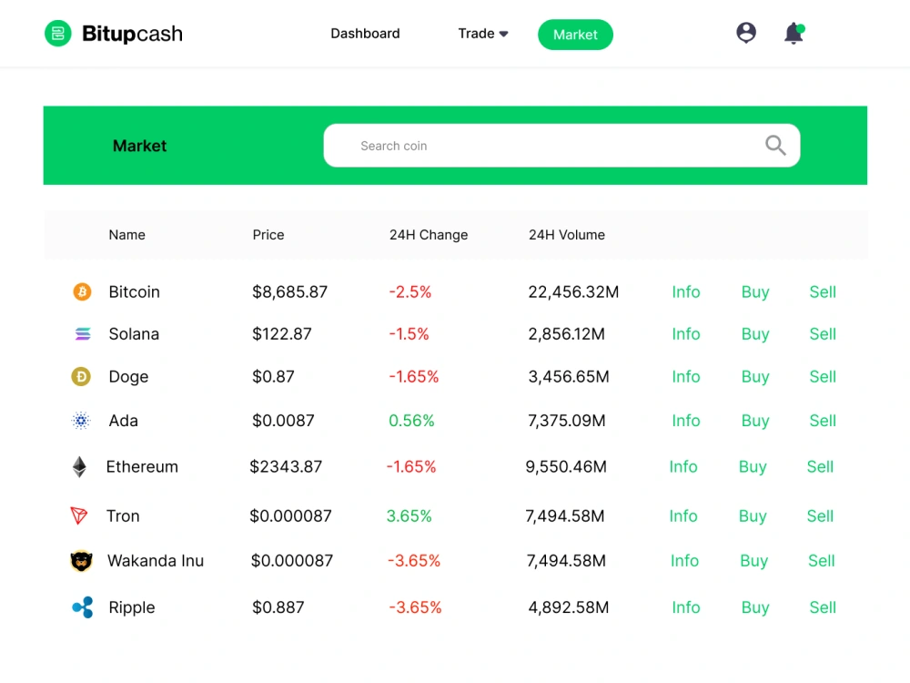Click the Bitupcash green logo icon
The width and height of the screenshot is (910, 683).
58,33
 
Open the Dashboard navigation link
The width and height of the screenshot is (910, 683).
365,34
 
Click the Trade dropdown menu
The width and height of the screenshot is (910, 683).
483,34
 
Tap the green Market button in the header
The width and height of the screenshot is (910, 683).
575,35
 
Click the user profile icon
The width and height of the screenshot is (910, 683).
746,33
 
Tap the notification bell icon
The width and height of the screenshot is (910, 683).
794,33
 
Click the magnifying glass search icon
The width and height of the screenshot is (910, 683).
775,145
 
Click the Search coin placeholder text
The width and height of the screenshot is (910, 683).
393,146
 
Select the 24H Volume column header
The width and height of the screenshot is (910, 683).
566,235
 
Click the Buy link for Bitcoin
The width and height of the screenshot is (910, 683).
755,292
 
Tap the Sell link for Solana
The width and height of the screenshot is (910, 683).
823,334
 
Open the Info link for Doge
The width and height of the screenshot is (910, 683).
686,377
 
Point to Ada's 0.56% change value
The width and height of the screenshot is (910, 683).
411,421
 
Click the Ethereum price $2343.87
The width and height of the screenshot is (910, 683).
286,467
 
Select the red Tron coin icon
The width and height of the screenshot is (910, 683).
79,515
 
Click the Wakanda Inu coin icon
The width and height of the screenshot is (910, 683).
81,561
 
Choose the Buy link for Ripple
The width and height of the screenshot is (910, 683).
755,607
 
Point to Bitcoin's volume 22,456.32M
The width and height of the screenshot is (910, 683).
573,292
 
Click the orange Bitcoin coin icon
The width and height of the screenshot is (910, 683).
82,291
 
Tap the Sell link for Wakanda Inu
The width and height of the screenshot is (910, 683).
821,561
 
